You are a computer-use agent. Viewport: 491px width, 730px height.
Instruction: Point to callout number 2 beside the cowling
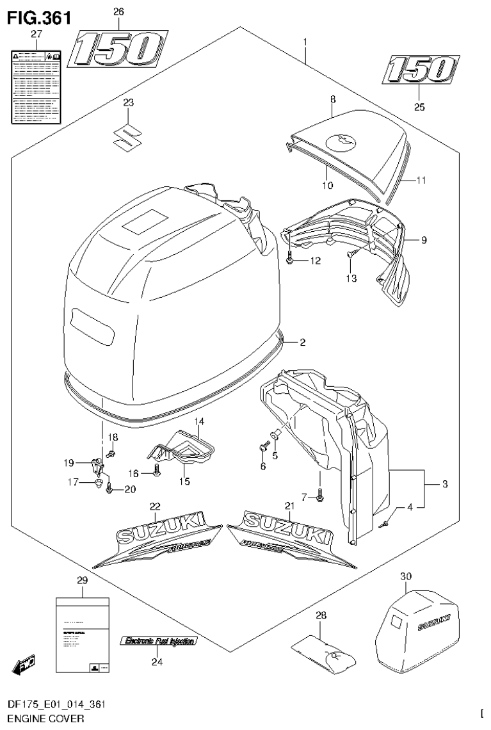302,343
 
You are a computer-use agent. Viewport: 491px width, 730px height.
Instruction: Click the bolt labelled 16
157,473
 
